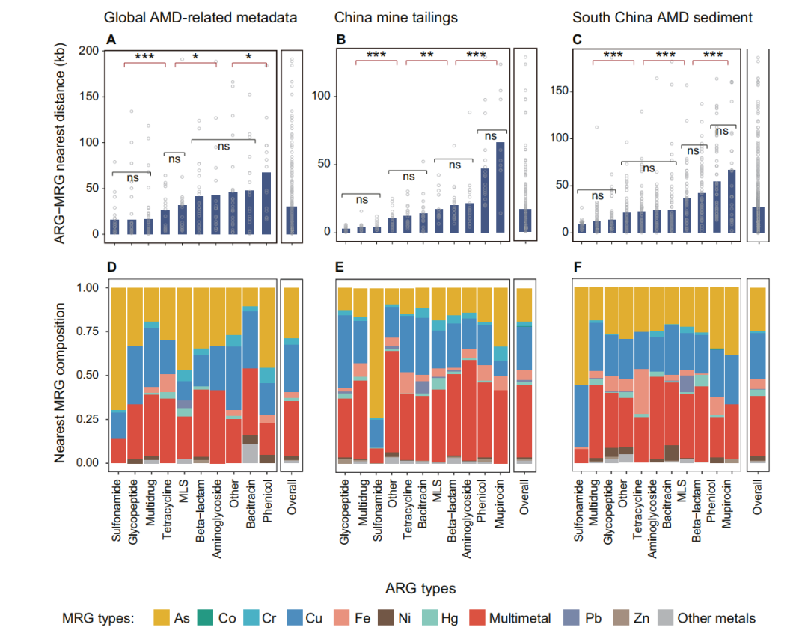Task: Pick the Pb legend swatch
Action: [572, 618]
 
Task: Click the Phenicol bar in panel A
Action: [266, 204]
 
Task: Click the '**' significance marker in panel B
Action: [426, 55]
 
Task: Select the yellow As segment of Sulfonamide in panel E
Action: [377, 352]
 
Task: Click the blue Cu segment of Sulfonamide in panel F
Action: [580, 415]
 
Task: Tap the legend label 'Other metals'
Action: [716, 618]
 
